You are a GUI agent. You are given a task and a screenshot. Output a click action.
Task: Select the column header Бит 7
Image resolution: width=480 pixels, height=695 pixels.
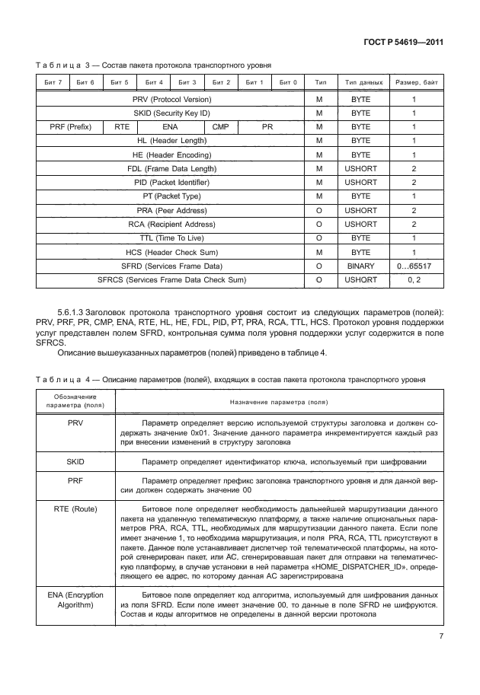coord(53,81)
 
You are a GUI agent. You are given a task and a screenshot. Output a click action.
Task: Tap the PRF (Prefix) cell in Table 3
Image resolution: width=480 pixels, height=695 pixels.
coord(69,127)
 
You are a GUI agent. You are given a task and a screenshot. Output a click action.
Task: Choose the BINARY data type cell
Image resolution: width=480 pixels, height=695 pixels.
coord(360,266)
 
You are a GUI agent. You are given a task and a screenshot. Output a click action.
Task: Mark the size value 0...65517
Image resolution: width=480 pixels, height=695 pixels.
coord(414,266)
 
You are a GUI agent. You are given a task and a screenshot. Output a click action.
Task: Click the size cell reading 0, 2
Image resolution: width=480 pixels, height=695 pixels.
coord(414,279)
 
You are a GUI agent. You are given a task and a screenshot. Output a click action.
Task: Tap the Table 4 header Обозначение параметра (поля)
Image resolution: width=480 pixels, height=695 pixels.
coord(75,400)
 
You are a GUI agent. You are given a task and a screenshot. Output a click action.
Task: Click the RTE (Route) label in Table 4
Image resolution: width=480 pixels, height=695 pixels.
coord(75,508)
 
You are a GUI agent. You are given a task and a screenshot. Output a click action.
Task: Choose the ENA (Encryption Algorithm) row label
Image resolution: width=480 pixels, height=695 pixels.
coord(75,598)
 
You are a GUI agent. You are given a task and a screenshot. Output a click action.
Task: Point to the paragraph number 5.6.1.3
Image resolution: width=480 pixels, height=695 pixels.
coord(76,313)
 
